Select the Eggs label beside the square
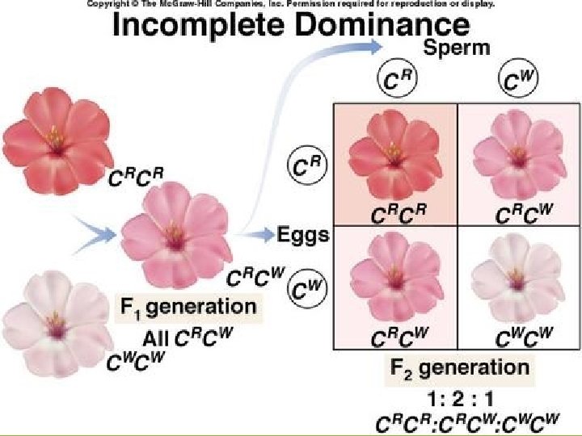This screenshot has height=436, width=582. (305, 235)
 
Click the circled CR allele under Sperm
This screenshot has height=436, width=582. (393, 81)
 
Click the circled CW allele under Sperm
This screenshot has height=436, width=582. (508, 81)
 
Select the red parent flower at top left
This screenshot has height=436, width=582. (57, 139)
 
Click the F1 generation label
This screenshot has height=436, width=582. (188, 307)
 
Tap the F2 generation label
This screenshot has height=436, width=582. (460, 368)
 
